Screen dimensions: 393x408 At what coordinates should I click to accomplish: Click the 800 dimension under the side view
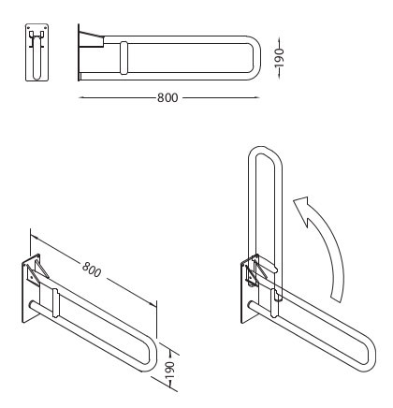click(167, 97)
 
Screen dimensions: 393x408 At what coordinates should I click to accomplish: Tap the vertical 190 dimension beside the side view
click(279, 58)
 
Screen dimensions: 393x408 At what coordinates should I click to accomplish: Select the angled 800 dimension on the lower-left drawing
click(92, 270)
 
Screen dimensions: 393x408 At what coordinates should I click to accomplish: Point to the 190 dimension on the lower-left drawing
click(170, 370)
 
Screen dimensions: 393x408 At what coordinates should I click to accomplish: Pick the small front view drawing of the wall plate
click(36, 52)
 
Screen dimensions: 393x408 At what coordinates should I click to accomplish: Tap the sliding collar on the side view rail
click(124, 58)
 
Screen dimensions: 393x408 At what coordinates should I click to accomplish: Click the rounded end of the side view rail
click(255, 58)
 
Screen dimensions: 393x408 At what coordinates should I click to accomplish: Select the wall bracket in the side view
click(91, 39)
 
